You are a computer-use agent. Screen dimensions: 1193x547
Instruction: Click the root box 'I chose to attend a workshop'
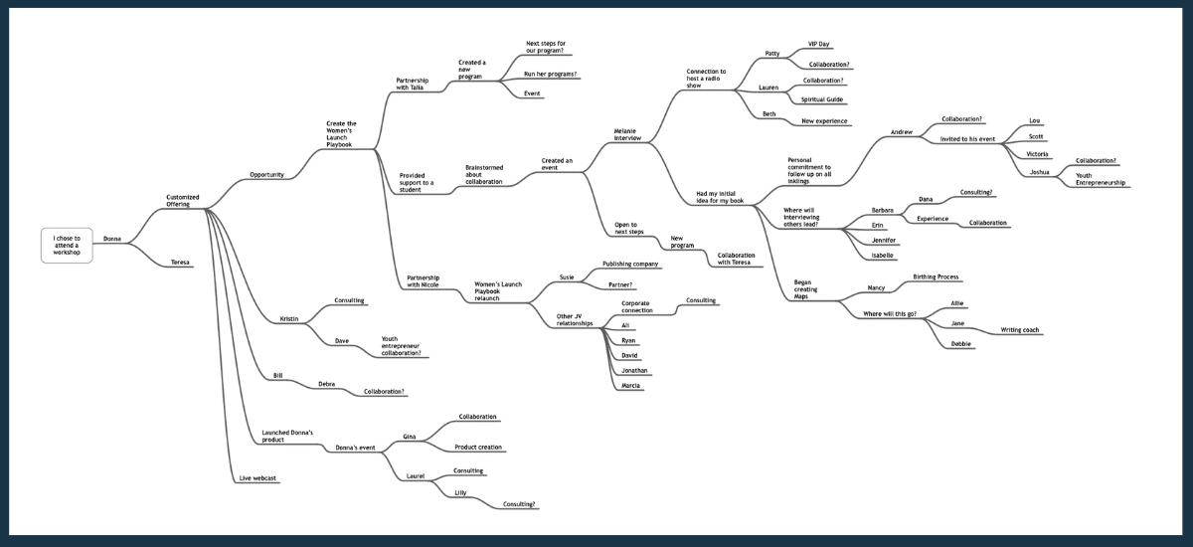coord(67,246)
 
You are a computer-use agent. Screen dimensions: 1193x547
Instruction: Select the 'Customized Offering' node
coord(183,201)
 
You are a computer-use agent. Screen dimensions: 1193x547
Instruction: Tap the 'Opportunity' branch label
coord(266,175)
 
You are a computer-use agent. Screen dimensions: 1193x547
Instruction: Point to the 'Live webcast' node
coord(257,478)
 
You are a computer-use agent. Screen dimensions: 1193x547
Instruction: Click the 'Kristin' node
coord(289,319)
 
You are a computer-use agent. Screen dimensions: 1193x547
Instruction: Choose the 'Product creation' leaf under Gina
coord(478,448)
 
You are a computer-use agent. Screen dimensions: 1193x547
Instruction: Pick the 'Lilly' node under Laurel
coord(460,492)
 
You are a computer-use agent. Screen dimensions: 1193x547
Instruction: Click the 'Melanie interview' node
coord(627,134)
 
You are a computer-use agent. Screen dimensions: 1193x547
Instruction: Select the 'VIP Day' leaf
coord(818,44)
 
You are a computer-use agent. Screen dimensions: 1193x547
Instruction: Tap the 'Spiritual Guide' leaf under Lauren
coord(822,99)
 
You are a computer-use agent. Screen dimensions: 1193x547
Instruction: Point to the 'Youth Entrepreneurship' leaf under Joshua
coord(1101,179)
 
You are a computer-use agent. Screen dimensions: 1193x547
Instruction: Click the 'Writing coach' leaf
coord(1019,330)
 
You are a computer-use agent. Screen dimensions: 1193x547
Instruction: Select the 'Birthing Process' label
coord(936,276)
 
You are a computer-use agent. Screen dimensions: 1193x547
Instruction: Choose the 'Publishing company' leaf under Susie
coord(630,264)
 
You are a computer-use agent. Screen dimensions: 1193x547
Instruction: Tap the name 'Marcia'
coord(630,386)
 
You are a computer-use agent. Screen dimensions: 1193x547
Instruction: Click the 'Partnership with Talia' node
coord(412,85)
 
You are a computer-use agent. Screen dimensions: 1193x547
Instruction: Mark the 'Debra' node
coord(326,384)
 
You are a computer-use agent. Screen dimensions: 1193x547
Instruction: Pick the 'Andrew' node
coord(902,132)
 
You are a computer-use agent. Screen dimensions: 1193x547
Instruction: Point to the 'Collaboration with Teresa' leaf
coord(736,259)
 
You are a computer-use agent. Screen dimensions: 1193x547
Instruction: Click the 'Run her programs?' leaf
coord(550,74)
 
